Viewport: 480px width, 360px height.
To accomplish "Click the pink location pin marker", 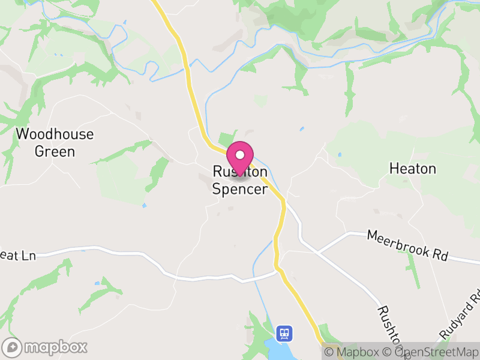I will [240, 157].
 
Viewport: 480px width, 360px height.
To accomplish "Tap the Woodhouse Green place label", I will [55, 142].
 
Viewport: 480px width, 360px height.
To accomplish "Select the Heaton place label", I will [412, 169].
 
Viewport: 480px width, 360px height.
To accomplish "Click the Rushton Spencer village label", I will [239, 181].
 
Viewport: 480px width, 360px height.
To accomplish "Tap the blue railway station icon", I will [284, 332].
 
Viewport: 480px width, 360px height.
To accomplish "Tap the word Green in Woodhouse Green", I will [55, 151].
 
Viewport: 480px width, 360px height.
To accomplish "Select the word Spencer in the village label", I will [239, 190].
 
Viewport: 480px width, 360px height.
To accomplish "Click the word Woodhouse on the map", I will [55, 133].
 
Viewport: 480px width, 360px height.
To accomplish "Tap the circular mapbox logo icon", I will [12, 347].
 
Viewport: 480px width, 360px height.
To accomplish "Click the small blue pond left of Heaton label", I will [339, 155].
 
